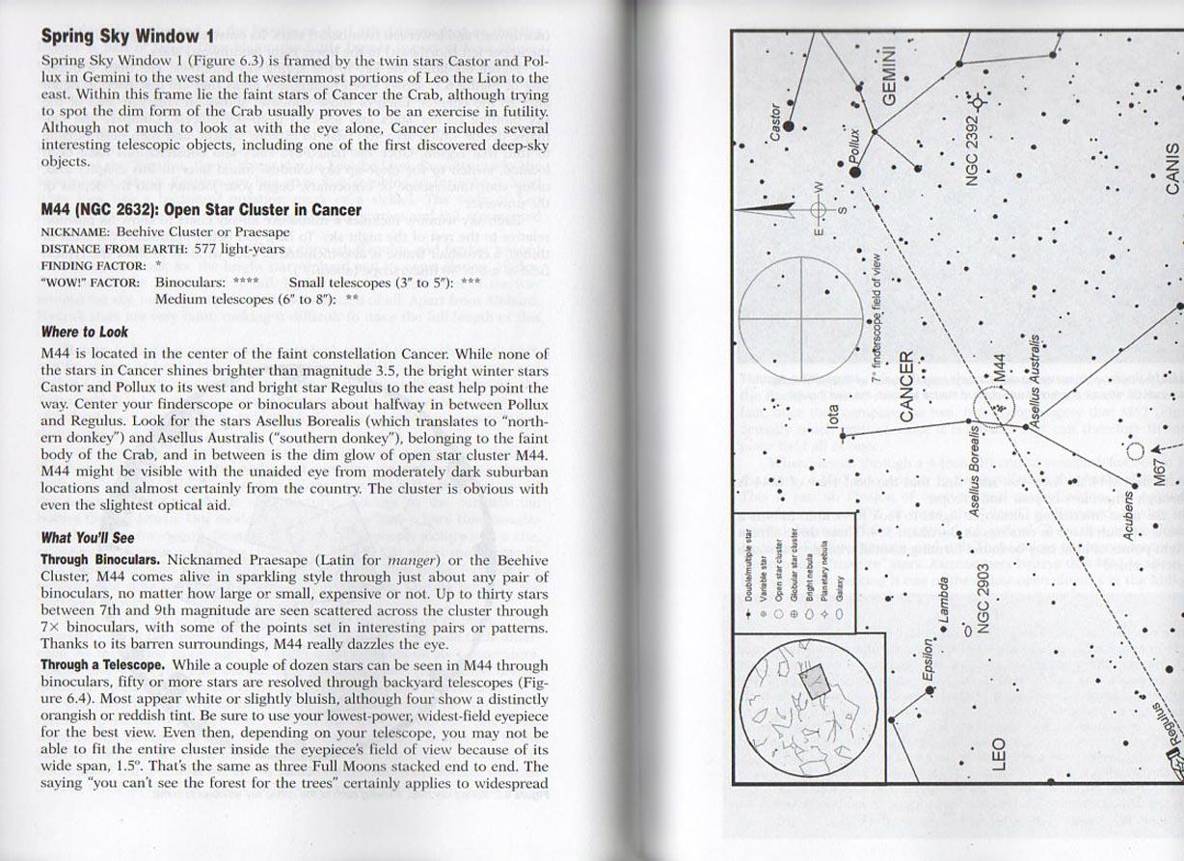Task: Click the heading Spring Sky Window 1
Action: click(127, 37)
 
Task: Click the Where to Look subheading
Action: click(84, 332)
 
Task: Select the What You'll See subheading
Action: click(88, 538)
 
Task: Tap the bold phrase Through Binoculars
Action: click(100, 559)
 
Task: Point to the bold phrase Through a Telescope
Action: click(102, 665)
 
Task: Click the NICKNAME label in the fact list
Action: click(73, 232)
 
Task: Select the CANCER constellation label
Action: click(906, 386)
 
